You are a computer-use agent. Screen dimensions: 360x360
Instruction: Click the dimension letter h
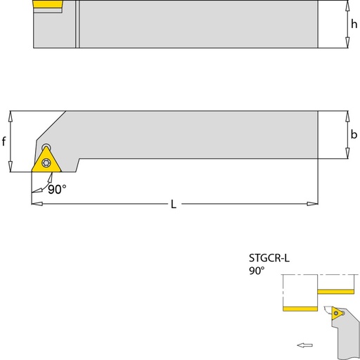pyautogui.click(x=354, y=24)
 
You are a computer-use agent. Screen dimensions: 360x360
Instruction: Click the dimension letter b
pyautogui.click(x=354, y=134)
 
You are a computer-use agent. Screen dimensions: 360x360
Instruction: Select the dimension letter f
pyautogui.click(x=4, y=141)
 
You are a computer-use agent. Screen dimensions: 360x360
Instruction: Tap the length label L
pyautogui.click(x=174, y=204)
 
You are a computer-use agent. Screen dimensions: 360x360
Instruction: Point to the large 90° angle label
pyautogui.click(x=57, y=189)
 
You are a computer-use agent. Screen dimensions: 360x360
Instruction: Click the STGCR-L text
pyautogui.click(x=269, y=258)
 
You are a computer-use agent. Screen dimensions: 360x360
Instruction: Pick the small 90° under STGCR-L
pyautogui.click(x=257, y=271)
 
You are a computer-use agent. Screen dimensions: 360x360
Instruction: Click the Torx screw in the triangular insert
pyautogui.click(x=46, y=162)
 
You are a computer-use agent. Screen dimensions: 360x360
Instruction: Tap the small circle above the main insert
pyautogui.click(x=46, y=147)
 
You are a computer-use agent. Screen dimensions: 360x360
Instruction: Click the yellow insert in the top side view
pyautogui.click(x=48, y=4)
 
